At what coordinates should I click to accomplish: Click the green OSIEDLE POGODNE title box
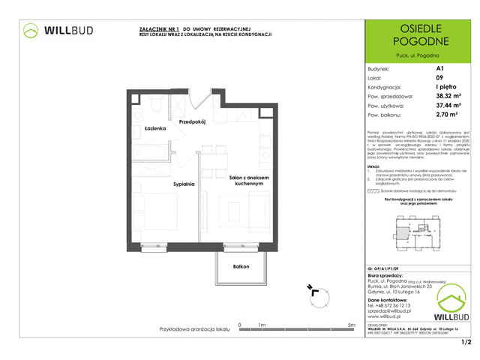[x=418, y=37]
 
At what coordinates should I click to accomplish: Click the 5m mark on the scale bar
[x=351, y=325]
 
